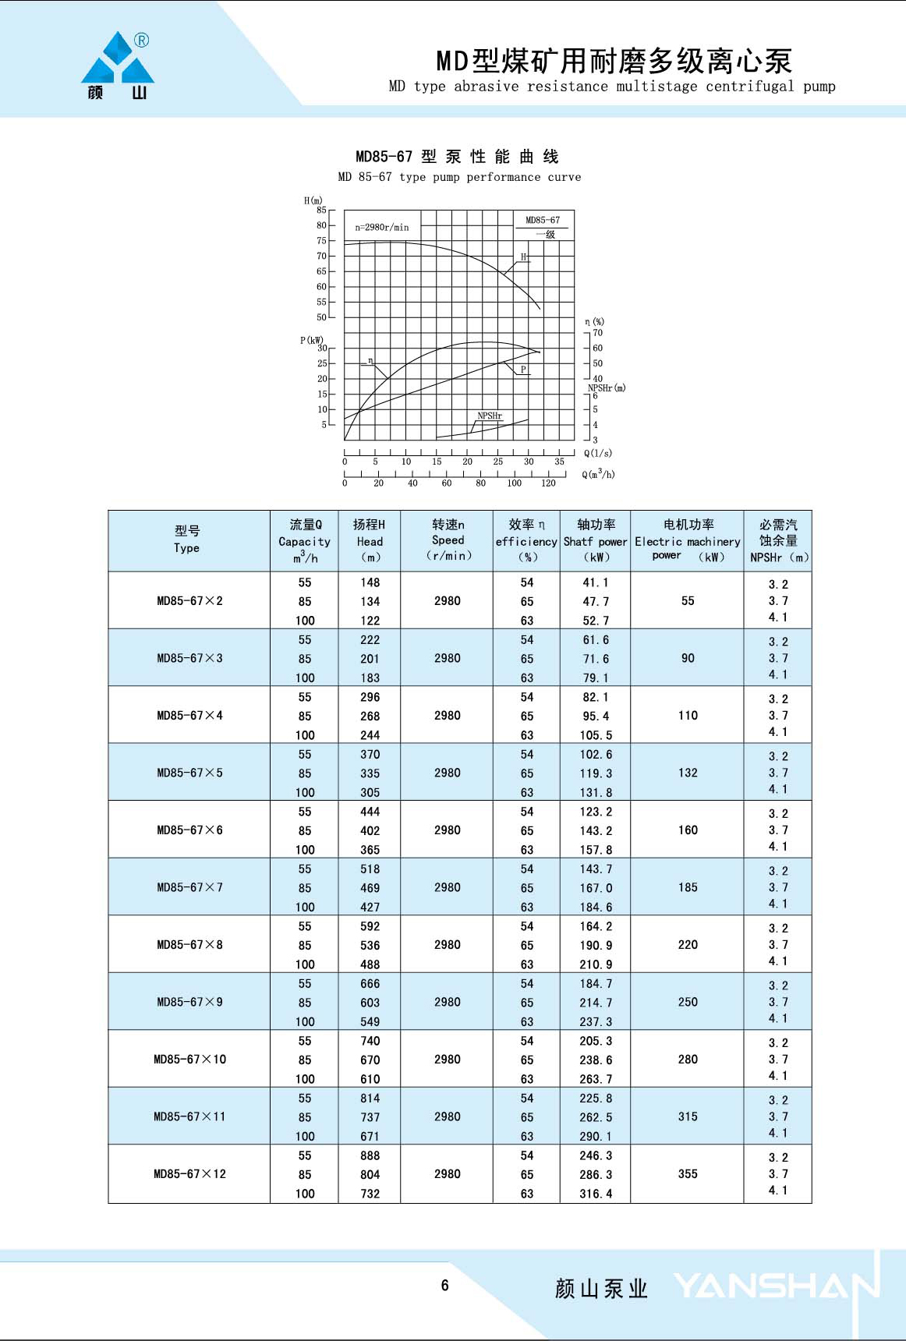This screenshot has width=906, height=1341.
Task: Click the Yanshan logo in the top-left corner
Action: click(x=118, y=65)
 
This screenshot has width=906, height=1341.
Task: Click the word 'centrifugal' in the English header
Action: click(x=749, y=87)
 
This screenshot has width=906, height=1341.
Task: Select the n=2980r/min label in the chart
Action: click(x=382, y=228)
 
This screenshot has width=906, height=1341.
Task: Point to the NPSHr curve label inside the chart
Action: click(x=490, y=416)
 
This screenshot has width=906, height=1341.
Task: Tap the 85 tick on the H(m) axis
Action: click(x=321, y=211)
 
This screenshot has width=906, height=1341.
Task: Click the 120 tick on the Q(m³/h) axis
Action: click(x=548, y=483)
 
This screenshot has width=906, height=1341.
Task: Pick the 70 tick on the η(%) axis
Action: click(x=597, y=333)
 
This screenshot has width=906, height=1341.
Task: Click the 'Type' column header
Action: click(x=187, y=548)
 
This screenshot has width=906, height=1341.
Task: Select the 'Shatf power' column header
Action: click(x=595, y=541)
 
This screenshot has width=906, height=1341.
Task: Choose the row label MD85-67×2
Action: click(x=189, y=601)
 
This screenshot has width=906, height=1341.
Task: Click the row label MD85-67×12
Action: click(x=189, y=1174)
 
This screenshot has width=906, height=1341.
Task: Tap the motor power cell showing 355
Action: click(x=688, y=1174)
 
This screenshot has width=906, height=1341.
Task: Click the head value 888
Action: click(x=370, y=1155)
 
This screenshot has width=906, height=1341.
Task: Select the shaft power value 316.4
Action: click(x=596, y=1194)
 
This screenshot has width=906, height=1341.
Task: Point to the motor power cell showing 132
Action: click(x=688, y=773)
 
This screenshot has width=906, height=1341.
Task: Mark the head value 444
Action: click(x=370, y=812)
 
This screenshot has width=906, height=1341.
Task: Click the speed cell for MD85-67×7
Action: click(x=448, y=887)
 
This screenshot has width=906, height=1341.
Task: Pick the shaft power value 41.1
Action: click(x=596, y=582)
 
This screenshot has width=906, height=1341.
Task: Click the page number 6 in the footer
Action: click(x=444, y=1286)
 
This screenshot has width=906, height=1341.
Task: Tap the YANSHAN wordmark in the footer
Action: click(x=776, y=1286)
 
